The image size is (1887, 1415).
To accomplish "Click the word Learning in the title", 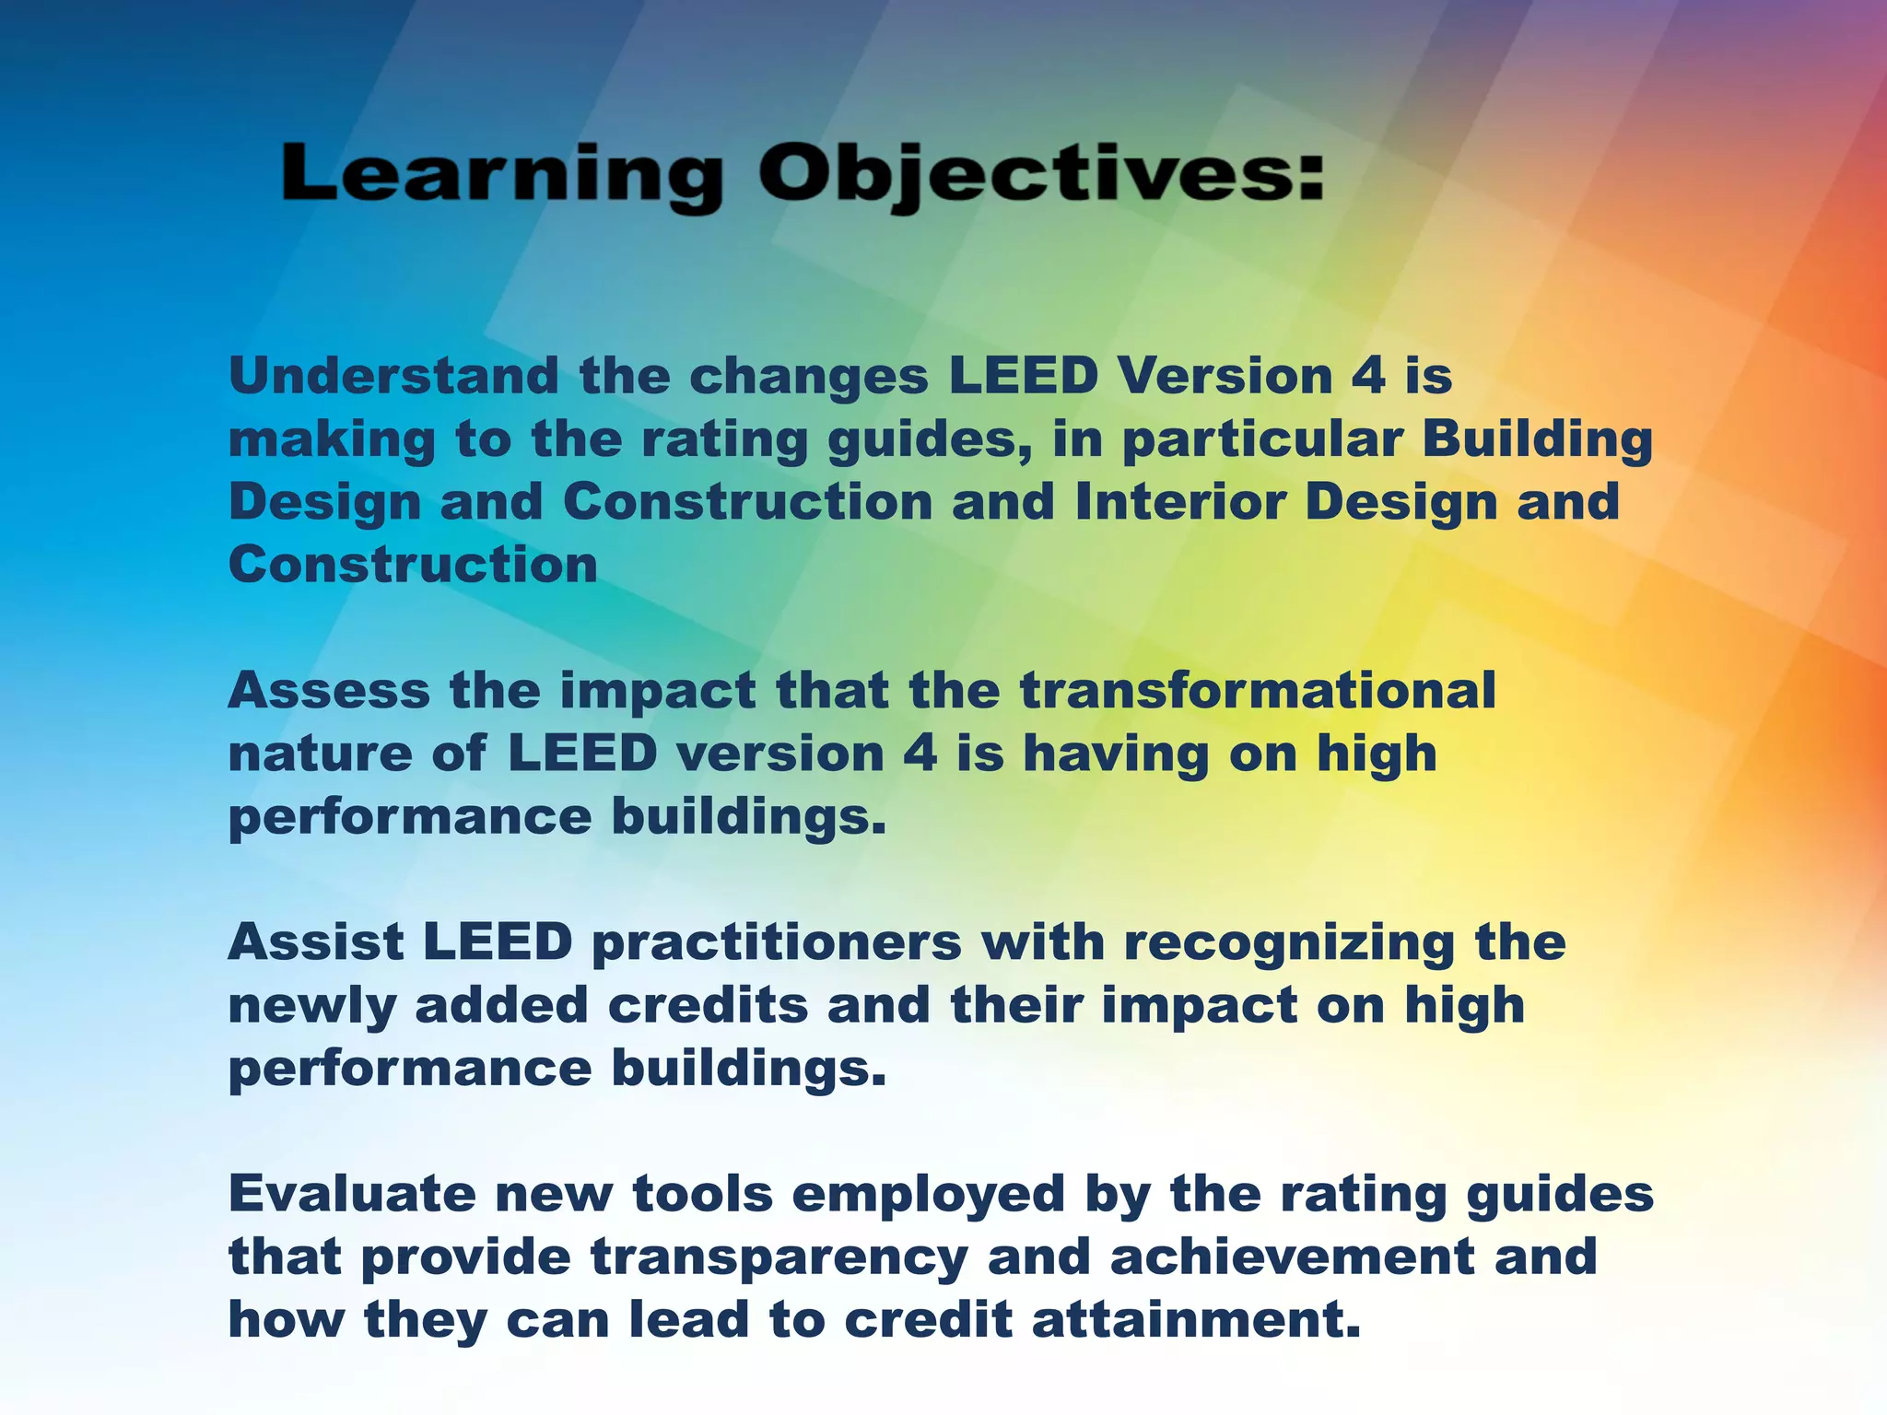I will click(501, 175).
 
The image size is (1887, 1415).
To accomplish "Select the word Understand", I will click(393, 376).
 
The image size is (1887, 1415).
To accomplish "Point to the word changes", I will click(808, 376).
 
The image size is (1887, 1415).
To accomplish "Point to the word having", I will click(1116, 754).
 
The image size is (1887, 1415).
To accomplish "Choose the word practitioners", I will click(776, 943).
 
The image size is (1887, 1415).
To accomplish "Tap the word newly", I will click(311, 1006).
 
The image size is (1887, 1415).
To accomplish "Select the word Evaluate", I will click(352, 1194).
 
